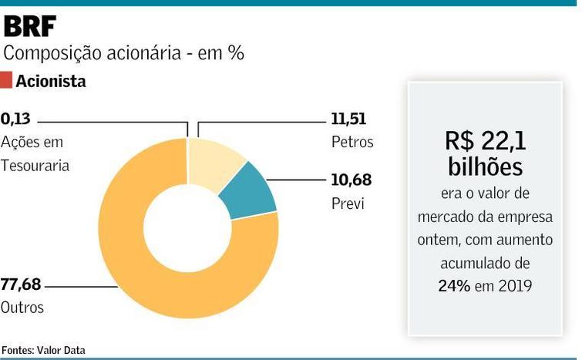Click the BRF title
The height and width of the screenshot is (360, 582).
tap(30, 26)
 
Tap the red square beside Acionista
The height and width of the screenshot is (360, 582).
tap(6, 80)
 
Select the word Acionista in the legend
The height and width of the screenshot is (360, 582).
tap(51, 81)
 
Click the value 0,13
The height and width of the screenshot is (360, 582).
tap(16, 119)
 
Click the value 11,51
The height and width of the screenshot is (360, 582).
tap(348, 119)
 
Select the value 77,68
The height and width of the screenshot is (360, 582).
tap(21, 285)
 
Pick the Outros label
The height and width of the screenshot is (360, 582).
tap(22, 308)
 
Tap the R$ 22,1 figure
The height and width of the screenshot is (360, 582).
tap(485, 140)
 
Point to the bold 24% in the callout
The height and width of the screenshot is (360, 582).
tap(455, 285)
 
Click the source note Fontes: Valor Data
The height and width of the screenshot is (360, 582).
tap(43, 350)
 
